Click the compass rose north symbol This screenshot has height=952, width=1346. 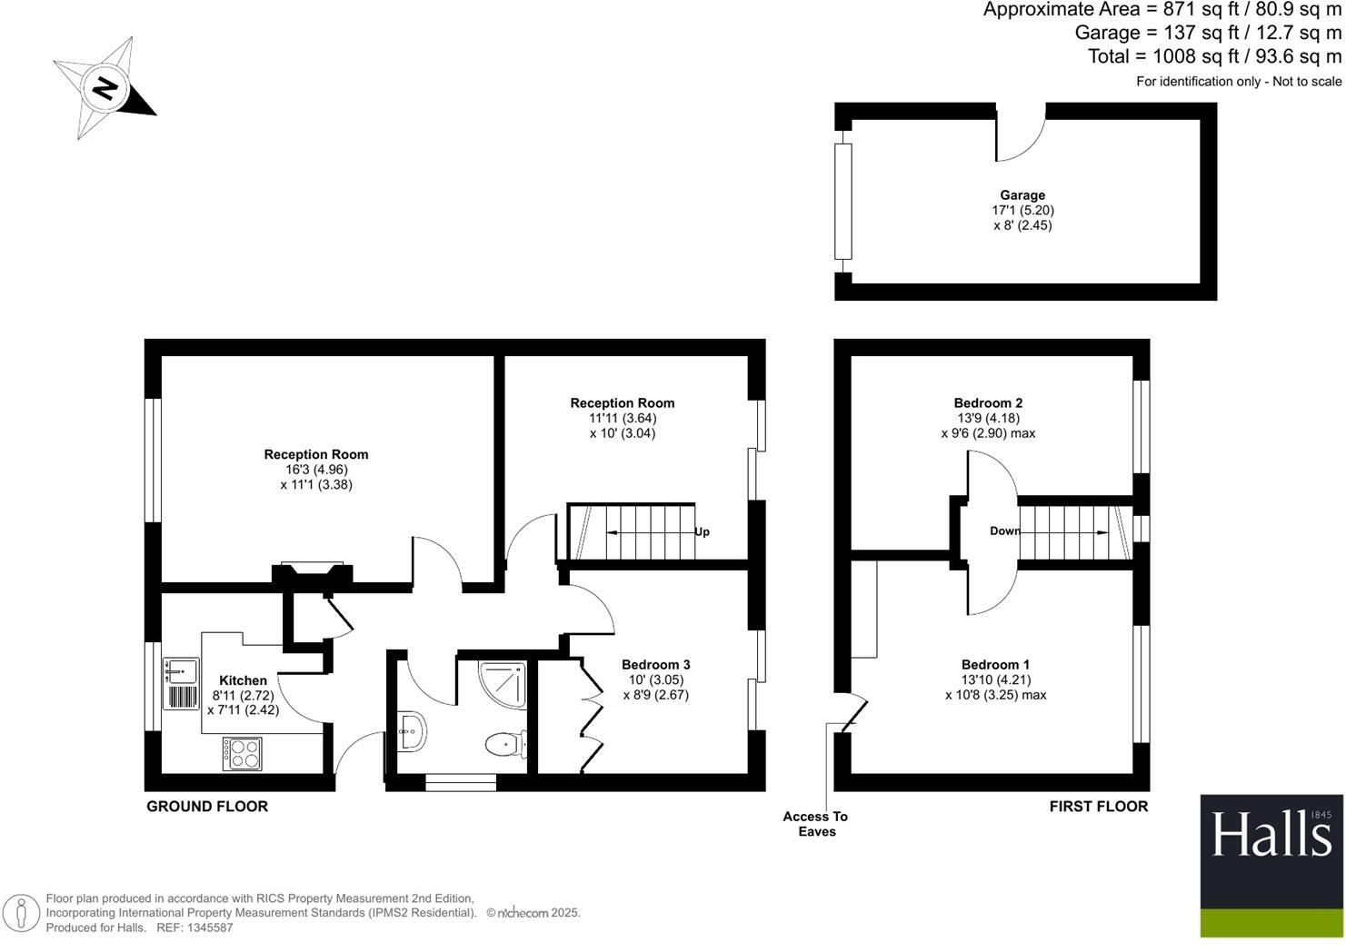[105, 88]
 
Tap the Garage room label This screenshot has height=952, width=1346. [1022, 195]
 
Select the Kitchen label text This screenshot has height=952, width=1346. [243, 680]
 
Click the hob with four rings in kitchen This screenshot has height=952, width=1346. [243, 753]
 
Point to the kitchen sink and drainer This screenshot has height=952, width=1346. [182, 683]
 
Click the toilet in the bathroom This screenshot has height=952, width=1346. [505, 745]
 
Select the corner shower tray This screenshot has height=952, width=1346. [503, 684]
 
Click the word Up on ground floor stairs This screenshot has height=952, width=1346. [702, 532]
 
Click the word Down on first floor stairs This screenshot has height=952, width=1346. [1004, 531]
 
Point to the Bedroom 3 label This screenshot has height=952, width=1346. [655, 665]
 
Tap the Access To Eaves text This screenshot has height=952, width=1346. [815, 824]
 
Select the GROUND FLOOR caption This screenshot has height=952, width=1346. [207, 807]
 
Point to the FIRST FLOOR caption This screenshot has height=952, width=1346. [1098, 807]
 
